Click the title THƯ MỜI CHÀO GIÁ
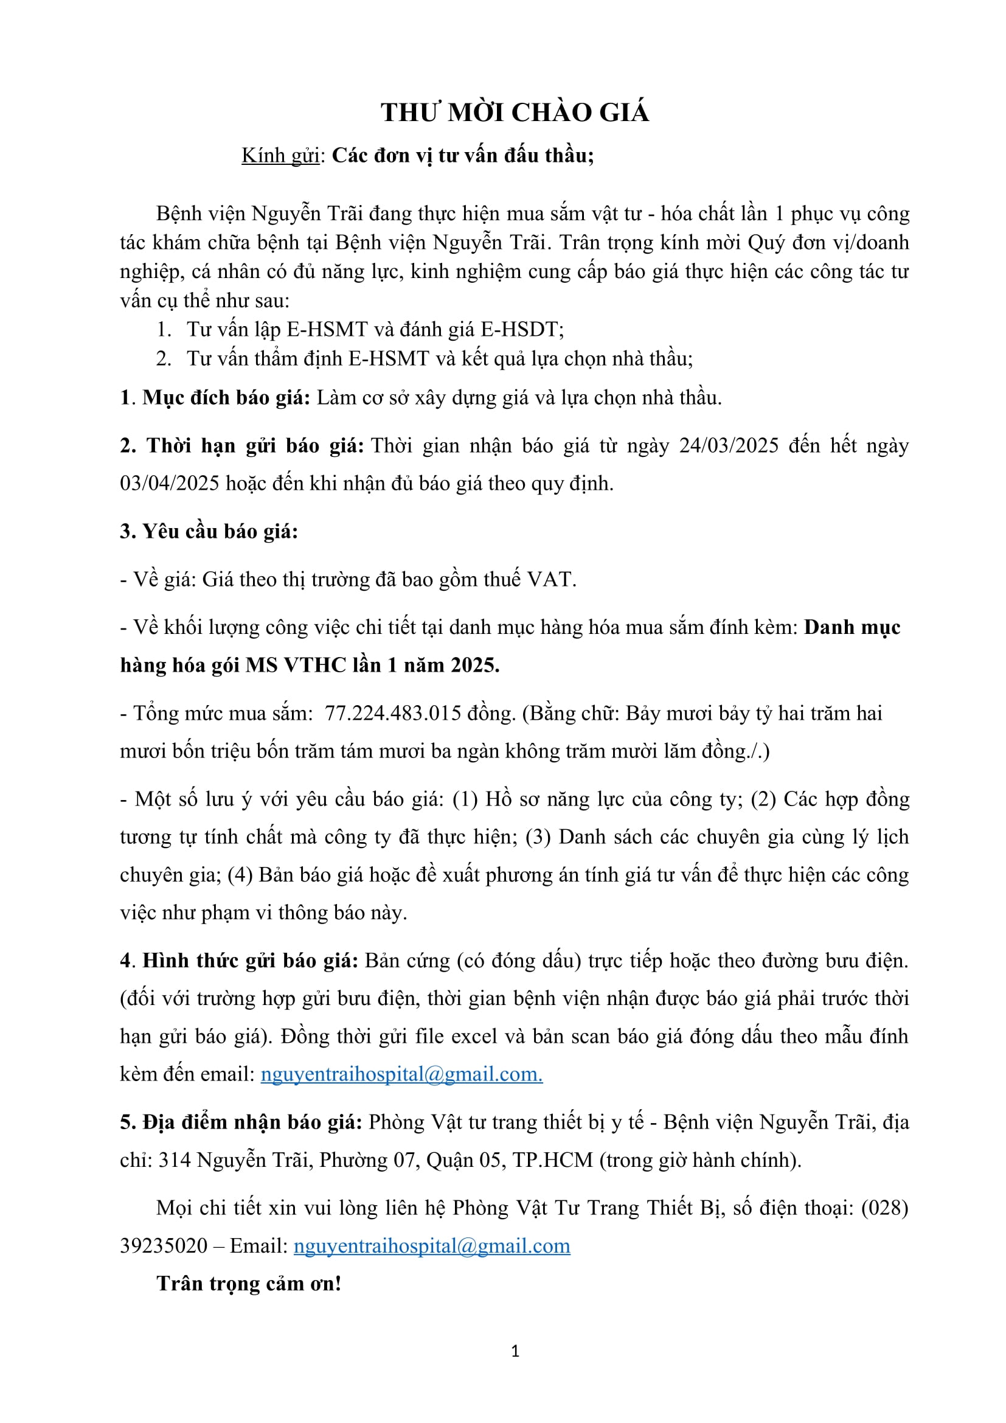coord(515,113)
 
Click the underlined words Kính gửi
coord(280,155)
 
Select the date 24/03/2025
coord(729,445)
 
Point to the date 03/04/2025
coord(170,484)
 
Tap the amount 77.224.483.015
coord(393,714)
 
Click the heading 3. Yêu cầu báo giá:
coord(209,531)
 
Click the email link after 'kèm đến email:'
coord(401,1074)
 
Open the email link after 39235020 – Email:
coord(432,1246)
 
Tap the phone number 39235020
coord(164,1246)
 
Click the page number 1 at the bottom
coord(515,1351)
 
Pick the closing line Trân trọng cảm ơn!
coord(249,1284)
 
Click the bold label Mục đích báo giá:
coord(226,397)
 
